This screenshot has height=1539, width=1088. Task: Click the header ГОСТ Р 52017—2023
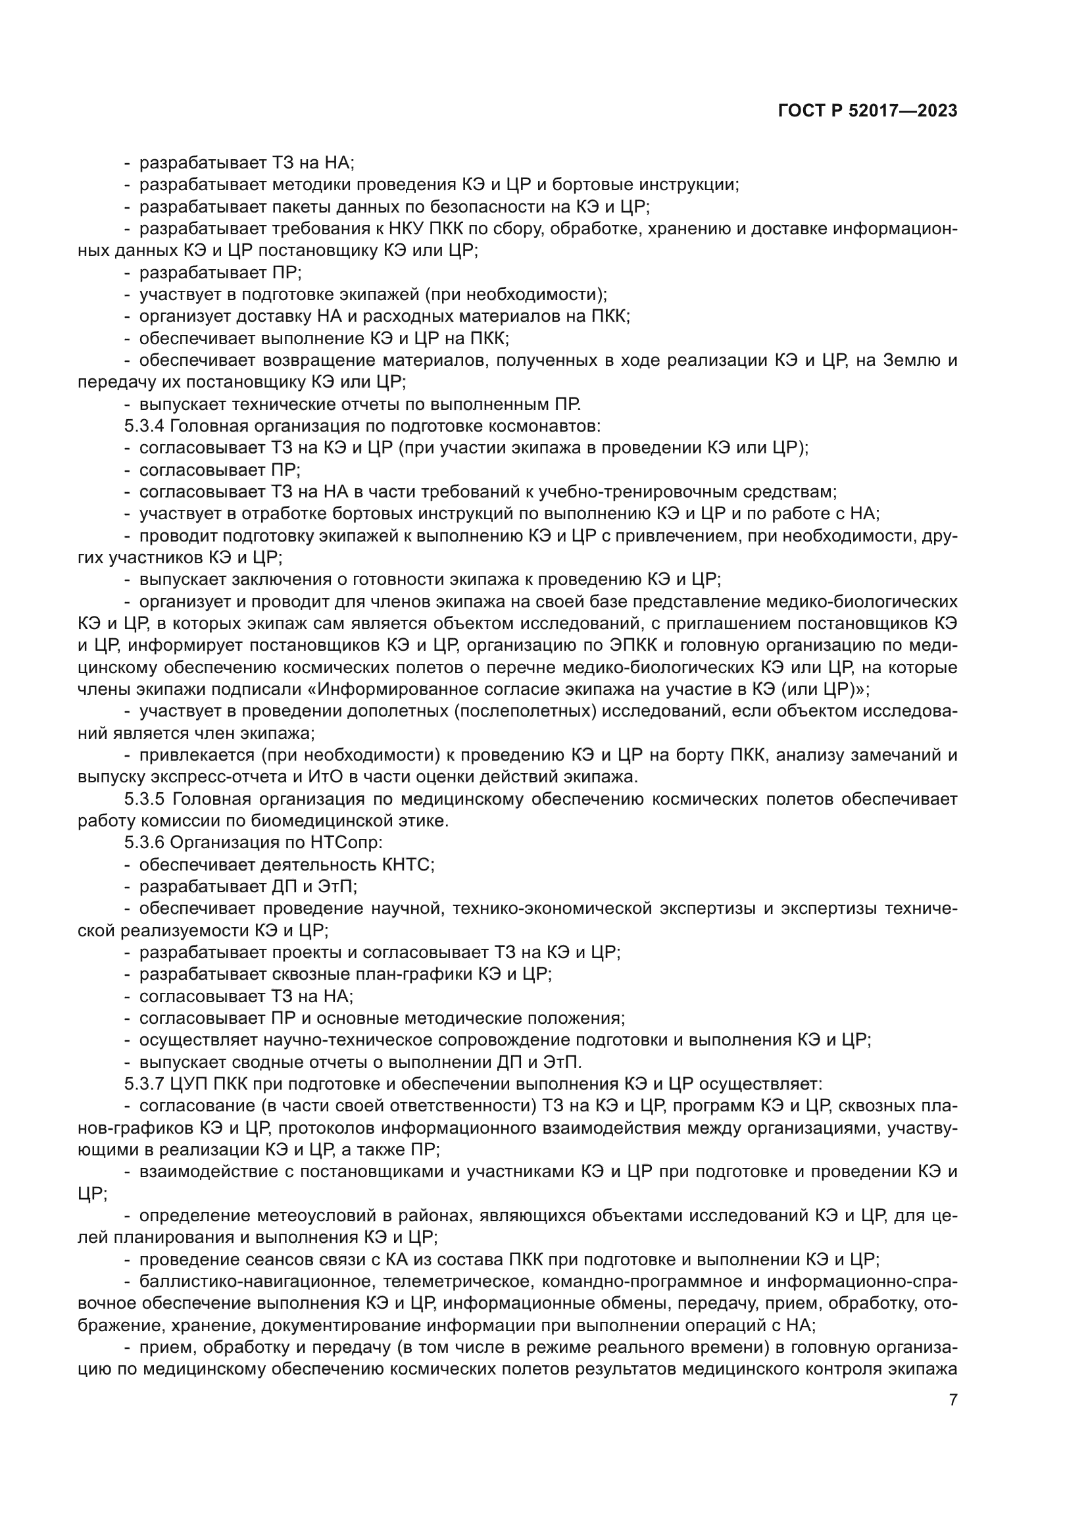coord(868,111)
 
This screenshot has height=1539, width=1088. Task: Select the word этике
coord(428,821)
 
